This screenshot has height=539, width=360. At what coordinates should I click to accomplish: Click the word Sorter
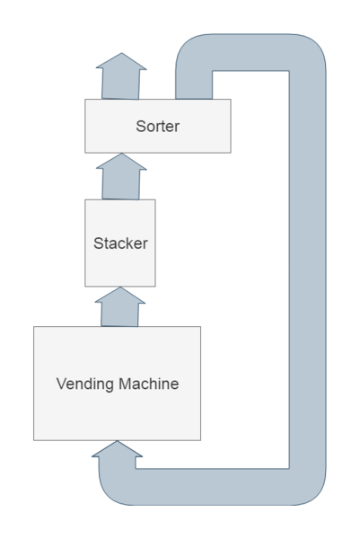pos(158,127)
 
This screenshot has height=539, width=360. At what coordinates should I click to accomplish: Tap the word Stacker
pos(120,243)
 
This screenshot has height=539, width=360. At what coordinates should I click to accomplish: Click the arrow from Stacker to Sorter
pos(120,177)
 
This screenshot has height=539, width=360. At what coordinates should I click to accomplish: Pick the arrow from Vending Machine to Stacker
pos(120,307)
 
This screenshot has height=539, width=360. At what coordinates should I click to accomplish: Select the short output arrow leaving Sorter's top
pos(120,76)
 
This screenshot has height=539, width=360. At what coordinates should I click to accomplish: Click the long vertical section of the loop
pos(306,269)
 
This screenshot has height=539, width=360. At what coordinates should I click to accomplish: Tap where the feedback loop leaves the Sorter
pos(193,90)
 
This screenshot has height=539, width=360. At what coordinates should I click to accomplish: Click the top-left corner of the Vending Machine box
pos(34,327)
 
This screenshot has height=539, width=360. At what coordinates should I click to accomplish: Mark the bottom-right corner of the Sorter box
pos(231,152)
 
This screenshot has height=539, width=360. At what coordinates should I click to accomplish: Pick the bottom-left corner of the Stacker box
pos(85,286)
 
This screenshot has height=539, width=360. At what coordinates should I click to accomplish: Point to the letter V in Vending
pos(61,384)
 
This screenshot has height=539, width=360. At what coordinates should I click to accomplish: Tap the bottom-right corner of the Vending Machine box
pos(200,440)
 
